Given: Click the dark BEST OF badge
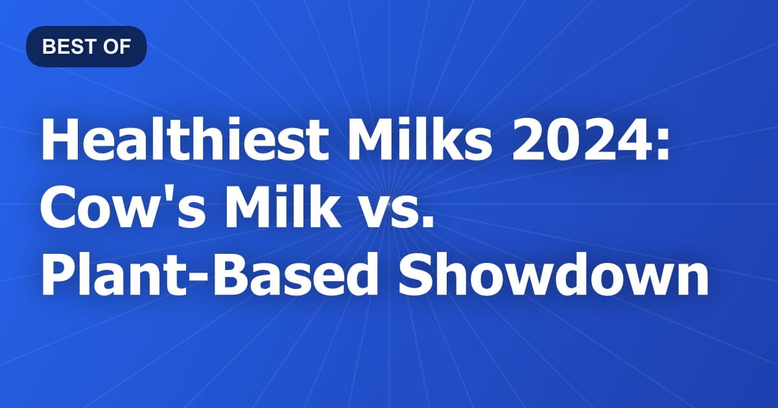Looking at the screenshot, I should pos(86,47).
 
